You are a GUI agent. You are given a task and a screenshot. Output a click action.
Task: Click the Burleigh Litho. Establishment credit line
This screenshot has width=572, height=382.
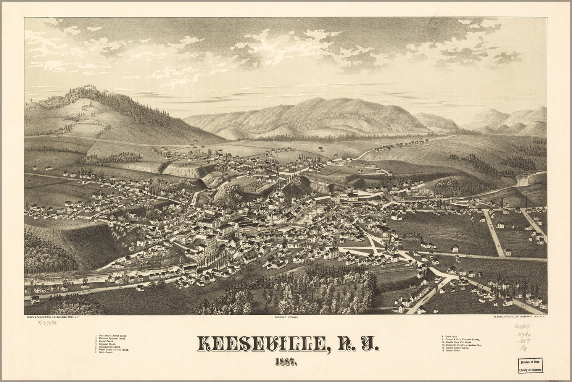[516, 317]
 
